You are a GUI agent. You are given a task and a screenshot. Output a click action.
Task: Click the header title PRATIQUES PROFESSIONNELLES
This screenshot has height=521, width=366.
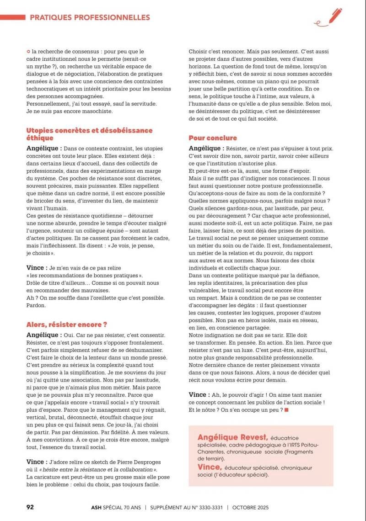tap(90, 17)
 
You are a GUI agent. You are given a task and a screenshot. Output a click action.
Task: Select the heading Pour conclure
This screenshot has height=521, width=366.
tap(213, 138)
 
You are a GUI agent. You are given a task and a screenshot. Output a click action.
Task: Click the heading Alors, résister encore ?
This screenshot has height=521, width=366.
tap(67, 324)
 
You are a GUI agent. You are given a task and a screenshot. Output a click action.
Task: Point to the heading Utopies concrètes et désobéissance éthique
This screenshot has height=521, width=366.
tap(89, 134)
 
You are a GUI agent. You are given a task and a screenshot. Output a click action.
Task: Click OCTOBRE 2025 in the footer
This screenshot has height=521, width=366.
tap(250, 507)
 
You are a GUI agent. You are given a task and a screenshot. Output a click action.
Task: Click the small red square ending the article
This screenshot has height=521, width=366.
tap(286, 410)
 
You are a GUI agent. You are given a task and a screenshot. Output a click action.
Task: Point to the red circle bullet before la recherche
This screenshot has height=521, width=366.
tap(28, 52)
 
